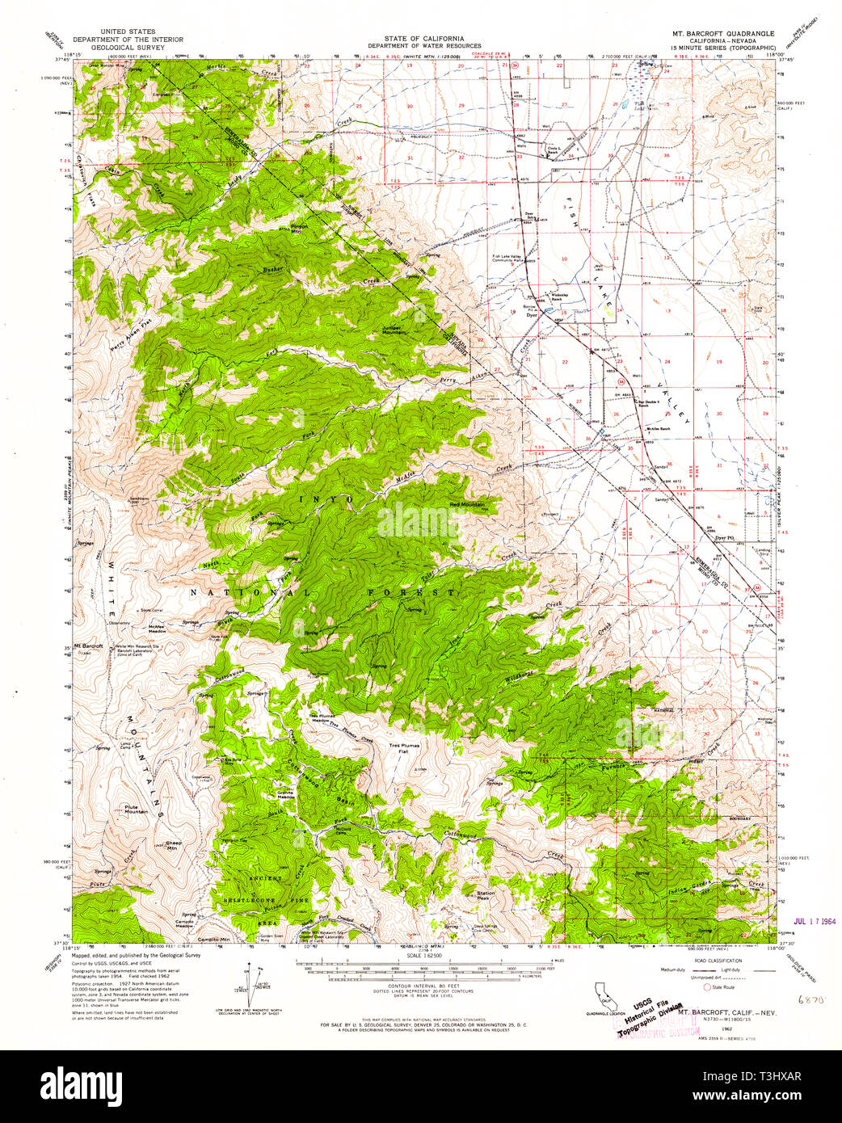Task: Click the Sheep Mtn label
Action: (x=171, y=846)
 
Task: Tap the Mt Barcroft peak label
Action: (x=88, y=646)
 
